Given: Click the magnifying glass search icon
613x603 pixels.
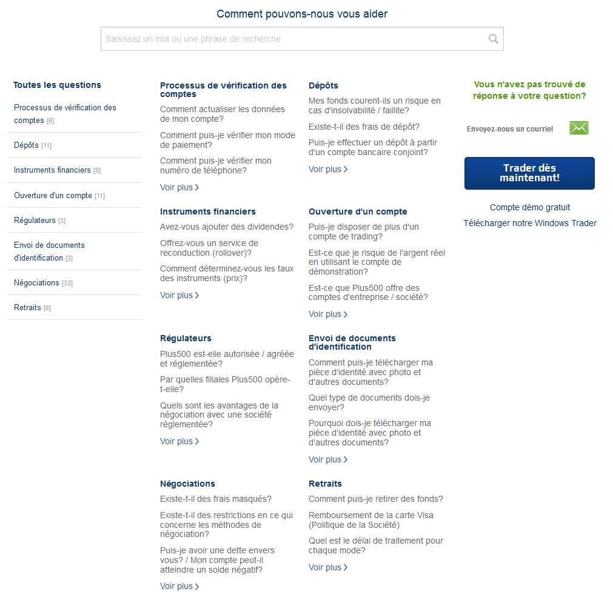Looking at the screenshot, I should click(x=493, y=39).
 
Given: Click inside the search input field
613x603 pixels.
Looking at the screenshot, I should click(x=291, y=39).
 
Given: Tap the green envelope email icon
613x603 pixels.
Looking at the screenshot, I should click(x=579, y=128).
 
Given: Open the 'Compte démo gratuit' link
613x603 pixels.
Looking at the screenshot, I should click(x=530, y=207).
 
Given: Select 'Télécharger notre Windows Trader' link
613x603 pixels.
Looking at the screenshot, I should click(x=530, y=223).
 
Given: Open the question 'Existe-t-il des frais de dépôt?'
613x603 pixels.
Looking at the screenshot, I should click(x=364, y=127).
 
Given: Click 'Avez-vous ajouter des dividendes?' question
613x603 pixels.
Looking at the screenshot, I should click(x=227, y=227).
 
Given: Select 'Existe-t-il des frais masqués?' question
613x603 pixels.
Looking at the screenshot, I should click(x=216, y=499).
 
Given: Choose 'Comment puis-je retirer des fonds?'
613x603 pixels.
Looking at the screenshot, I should click(x=376, y=499).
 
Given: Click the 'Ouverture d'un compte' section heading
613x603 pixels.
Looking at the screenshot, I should click(x=358, y=212).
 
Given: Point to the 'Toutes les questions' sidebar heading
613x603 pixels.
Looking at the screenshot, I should click(x=57, y=85).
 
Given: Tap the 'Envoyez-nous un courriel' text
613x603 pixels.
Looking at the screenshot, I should click(x=510, y=129).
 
